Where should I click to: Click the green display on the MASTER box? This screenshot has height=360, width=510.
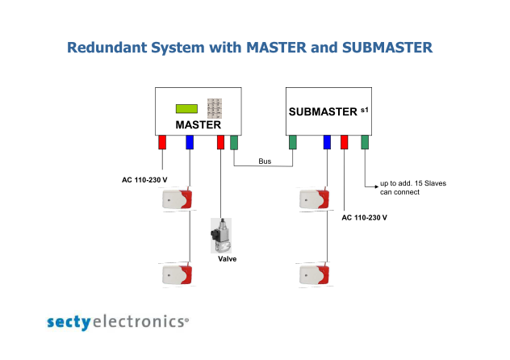pos(186,109)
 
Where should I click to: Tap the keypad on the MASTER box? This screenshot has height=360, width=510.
pos(215,108)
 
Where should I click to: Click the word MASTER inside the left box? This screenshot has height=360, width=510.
pos(198,125)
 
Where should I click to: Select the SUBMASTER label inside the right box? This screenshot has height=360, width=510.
pos(323,112)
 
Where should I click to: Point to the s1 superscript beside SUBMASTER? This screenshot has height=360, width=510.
pos(365,111)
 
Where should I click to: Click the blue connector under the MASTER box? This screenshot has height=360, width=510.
pos(190,142)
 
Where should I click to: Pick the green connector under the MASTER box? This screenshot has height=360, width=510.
pos(234,142)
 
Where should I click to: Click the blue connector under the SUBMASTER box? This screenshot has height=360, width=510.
pos(327,142)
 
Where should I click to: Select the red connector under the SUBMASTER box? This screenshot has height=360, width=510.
pos(344,142)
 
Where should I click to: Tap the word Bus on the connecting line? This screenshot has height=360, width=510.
pos(265,161)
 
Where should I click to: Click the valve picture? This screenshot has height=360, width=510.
pos(221,236)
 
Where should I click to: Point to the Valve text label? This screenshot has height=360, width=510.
pos(227,259)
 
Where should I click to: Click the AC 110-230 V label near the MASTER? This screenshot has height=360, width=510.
pos(144,180)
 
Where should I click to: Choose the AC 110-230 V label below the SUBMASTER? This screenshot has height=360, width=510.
pos(364,218)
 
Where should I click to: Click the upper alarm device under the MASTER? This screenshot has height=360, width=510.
pos(178,199)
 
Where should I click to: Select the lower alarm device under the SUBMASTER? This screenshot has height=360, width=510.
pos(315,274)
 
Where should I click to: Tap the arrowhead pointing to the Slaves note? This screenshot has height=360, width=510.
pos(377,186)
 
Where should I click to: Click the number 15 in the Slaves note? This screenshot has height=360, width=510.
pos(418,183)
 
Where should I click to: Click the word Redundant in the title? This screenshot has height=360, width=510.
pos(107,48)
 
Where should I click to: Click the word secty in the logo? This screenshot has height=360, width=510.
pos(69,322)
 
